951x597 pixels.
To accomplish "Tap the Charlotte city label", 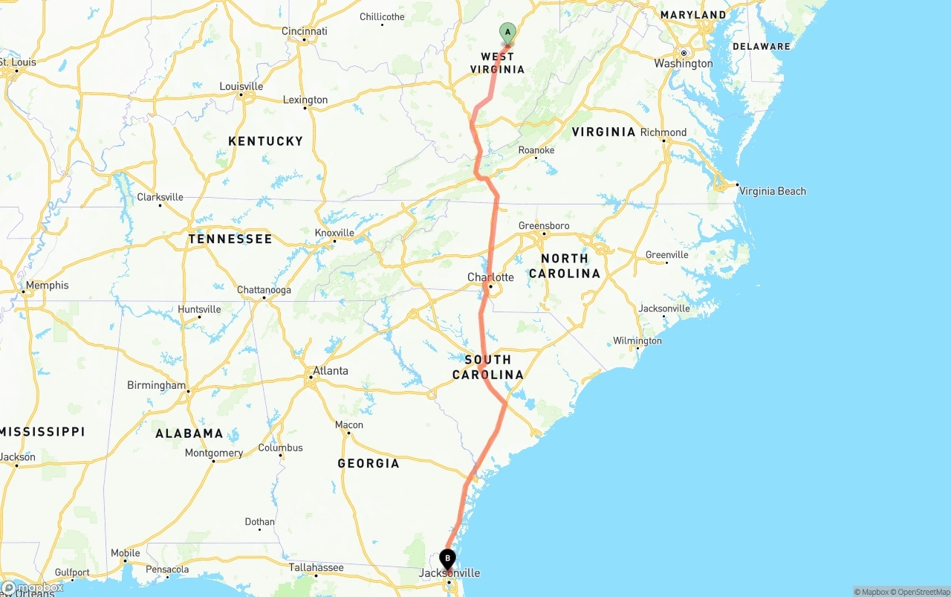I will click(490, 277).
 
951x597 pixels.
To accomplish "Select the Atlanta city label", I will click(330, 370).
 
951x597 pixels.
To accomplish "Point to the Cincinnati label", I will click(304, 31).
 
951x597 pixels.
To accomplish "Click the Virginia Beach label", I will click(772, 191).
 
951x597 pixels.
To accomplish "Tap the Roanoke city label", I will click(536, 150).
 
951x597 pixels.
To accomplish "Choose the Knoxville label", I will click(334, 233).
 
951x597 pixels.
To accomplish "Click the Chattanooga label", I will click(264, 290).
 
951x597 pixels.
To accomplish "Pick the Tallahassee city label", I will click(316, 567).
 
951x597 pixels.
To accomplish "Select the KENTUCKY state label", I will click(265, 141).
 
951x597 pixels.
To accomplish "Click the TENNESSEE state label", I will click(230, 239).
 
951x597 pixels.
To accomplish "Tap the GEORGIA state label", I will click(369, 463).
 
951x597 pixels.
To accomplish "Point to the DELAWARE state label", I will click(762, 46).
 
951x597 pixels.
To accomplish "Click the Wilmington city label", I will click(637, 341).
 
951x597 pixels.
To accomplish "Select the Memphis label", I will click(47, 285).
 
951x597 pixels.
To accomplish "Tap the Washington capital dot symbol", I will click(684, 53).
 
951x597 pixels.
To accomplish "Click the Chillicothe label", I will click(382, 16).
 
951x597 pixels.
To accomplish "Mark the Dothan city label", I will click(260, 522).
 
